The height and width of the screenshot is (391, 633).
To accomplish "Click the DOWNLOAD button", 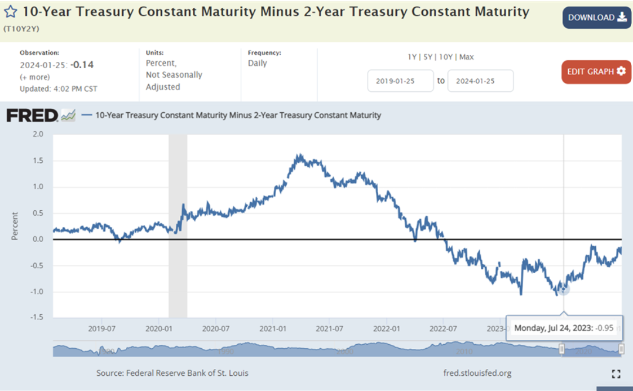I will tap(596, 17).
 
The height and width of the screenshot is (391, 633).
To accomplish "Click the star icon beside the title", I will tap(10, 12).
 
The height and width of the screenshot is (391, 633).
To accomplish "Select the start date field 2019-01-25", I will tap(400, 81).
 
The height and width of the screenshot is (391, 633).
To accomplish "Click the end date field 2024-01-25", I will tap(480, 81).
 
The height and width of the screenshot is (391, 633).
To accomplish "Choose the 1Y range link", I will tap(413, 57).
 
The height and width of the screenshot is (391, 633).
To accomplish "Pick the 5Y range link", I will tap(428, 57).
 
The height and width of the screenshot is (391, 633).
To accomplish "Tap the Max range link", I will tap(466, 57).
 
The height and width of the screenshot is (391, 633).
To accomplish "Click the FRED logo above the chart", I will tap(33, 115).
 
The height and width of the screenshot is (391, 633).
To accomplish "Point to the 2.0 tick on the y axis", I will tap(38, 134).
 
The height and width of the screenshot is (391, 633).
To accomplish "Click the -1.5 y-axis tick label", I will tap(36, 318).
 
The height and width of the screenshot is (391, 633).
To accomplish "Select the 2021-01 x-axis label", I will tap(272, 328).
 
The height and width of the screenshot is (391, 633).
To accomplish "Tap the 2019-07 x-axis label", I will tap(101, 328).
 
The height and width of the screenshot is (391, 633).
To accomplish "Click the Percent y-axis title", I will tap(15, 226).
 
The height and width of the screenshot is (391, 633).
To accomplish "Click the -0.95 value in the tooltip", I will tap(604, 327).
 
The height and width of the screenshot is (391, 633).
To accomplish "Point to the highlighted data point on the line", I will tap(564, 288).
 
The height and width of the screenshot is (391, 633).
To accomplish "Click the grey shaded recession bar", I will tap(178, 225).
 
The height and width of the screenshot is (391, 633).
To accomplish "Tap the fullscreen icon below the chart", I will tap(616, 374).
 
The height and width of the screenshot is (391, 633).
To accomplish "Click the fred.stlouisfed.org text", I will tap(477, 373).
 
